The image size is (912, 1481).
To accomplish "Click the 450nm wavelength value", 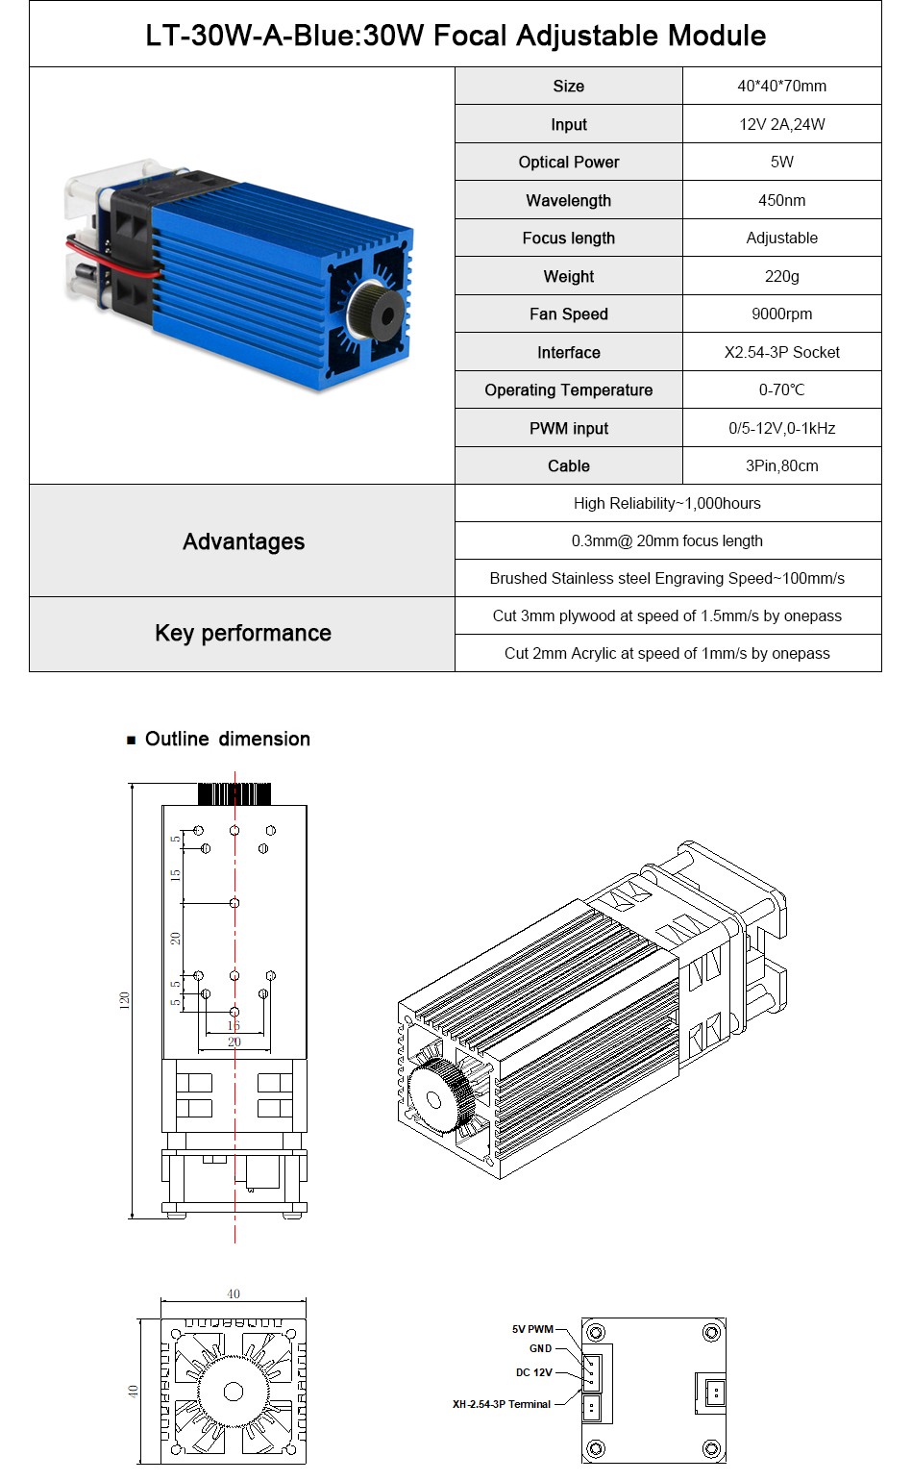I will pyautogui.click(x=781, y=200).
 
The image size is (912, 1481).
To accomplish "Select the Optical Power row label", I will pyautogui.click(x=568, y=162).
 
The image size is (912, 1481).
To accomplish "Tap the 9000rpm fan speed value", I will pyautogui.click(x=781, y=314).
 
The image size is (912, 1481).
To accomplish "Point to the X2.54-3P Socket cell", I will pyautogui.click(x=781, y=352).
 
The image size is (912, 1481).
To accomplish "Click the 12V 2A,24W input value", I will pyautogui.click(x=781, y=124).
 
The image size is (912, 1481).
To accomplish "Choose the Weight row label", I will pyautogui.click(x=568, y=276).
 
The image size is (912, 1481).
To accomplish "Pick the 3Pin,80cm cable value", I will pyautogui.click(x=781, y=465).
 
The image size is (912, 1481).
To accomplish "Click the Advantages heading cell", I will pyautogui.click(x=243, y=541).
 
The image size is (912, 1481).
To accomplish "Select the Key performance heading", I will pyautogui.click(x=243, y=633).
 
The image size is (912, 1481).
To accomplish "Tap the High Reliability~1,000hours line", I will pyautogui.click(x=667, y=503).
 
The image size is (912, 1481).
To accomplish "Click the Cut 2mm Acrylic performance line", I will pyautogui.click(x=667, y=653).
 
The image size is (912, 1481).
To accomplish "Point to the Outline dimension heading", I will pyautogui.click(x=227, y=739).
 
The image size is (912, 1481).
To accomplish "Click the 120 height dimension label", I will pyautogui.click(x=123, y=1000).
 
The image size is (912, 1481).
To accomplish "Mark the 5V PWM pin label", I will pyautogui.click(x=531, y=1329).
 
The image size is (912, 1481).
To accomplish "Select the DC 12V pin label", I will pyautogui.click(x=533, y=1372).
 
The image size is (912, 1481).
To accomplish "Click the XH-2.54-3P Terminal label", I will pyautogui.click(x=502, y=1404).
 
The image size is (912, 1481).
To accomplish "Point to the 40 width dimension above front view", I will pyautogui.click(x=234, y=1293).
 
